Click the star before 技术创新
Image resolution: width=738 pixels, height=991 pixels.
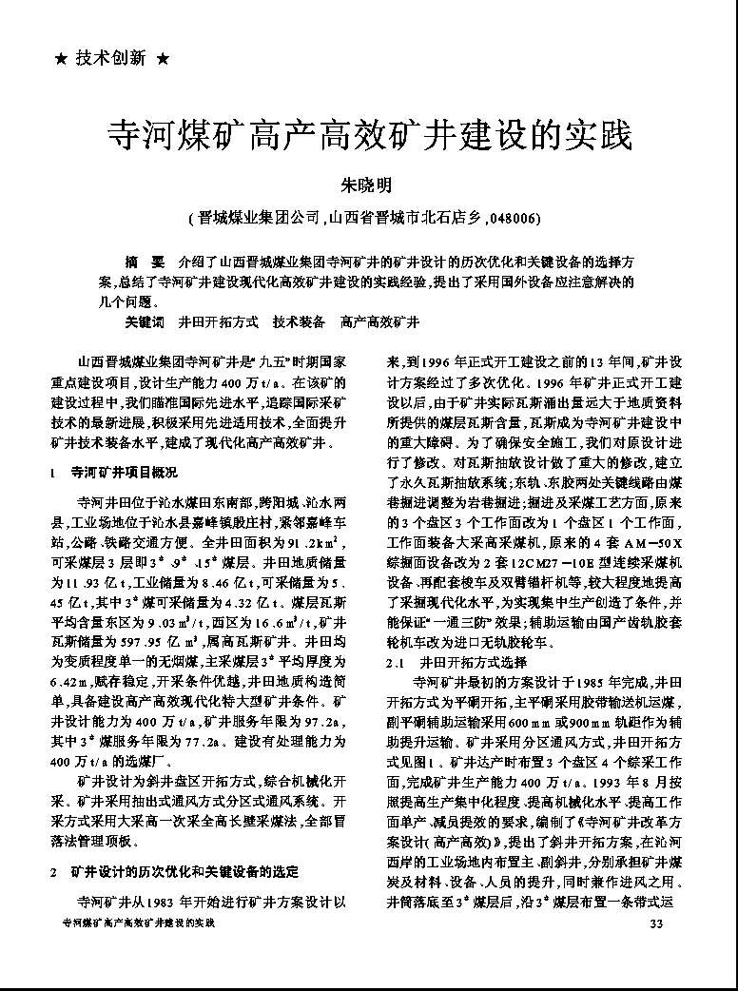coord(61,59)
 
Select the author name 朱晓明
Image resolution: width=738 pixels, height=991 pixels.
coord(367,185)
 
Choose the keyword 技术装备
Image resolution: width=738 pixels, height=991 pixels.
coord(299,322)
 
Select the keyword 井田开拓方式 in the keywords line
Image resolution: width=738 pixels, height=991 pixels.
coord(219,322)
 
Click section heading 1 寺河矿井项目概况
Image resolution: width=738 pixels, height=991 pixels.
coord(118,472)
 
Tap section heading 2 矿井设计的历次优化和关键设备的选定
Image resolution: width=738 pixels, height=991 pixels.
coord(181,871)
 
